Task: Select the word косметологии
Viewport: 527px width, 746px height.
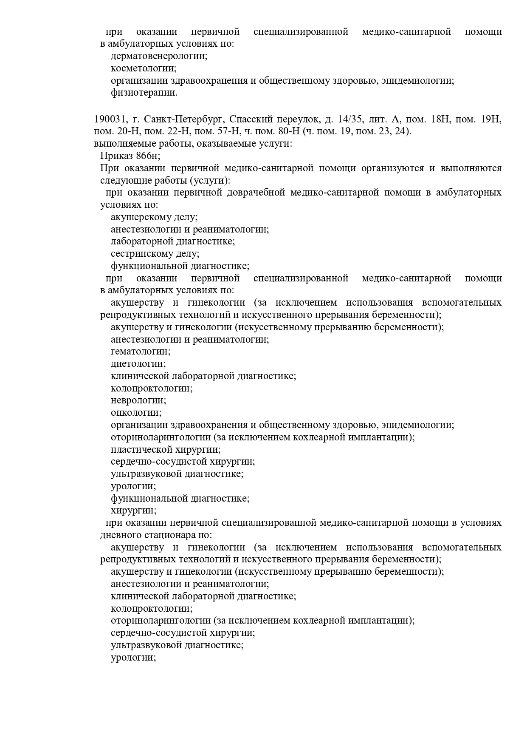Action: pos(144,68)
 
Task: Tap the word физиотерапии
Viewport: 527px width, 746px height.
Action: pos(144,93)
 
